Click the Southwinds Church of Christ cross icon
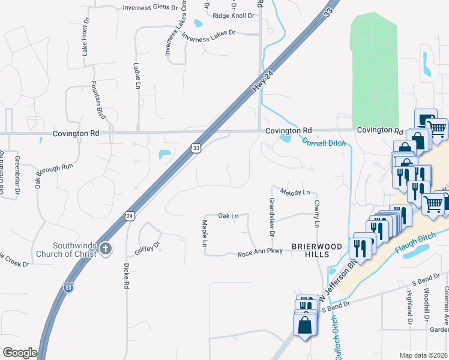click(106, 248)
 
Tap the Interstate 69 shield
click(68, 288)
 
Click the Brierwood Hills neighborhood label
click(317, 250)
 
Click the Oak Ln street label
click(228, 215)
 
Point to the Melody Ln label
click(295, 192)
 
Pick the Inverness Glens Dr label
click(150, 8)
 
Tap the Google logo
click(20, 353)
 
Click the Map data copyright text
click(424, 355)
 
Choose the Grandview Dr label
click(271, 217)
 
